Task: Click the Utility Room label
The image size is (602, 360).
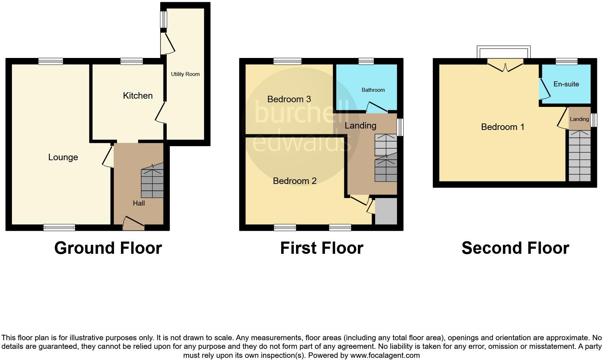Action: (x=185, y=74)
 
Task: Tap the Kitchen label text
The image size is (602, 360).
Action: (x=138, y=95)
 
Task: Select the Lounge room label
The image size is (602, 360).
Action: (x=63, y=157)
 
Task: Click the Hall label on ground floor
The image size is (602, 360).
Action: (x=139, y=203)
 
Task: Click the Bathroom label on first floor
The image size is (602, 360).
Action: (x=373, y=90)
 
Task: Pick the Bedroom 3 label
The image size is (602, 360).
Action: (x=289, y=99)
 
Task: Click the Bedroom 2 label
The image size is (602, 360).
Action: (x=295, y=181)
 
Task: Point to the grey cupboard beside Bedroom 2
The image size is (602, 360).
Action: (x=386, y=211)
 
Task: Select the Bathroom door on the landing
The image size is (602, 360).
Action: (x=376, y=107)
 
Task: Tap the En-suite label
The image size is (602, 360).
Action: (x=566, y=84)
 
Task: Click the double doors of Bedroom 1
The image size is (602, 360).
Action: (x=505, y=67)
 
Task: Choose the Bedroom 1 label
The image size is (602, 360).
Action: (x=502, y=127)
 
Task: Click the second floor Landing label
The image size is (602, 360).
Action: (x=579, y=119)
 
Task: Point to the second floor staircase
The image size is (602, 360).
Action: (x=579, y=156)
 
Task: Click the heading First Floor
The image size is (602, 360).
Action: (x=322, y=248)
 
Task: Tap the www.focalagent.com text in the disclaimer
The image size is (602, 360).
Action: (x=385, y=355)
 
